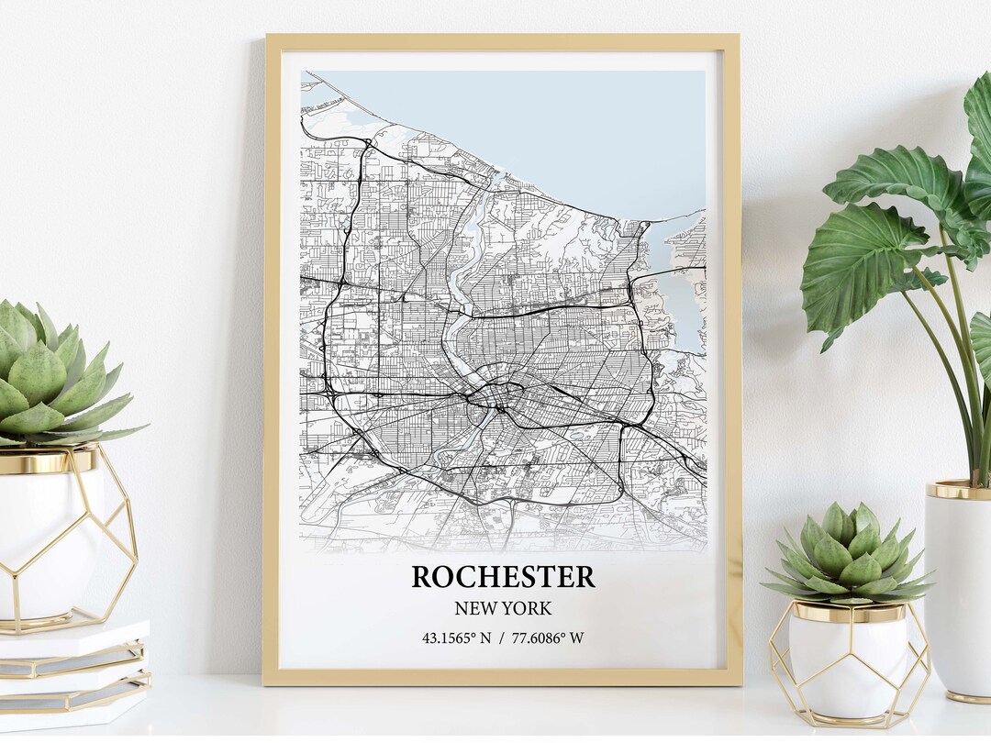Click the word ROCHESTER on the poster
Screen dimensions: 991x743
[503, 577]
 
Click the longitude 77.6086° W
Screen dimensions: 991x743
[548, 638]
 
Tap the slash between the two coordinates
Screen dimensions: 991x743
[503, 638]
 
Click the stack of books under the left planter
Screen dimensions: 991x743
[73, 674]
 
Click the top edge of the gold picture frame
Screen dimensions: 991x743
[502, 41]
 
